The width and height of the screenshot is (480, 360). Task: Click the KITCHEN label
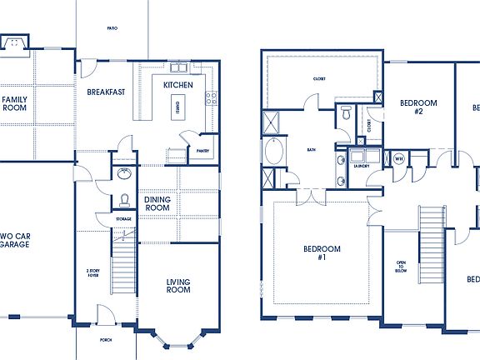click(177, 85)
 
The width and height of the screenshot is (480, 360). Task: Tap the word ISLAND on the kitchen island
click(176, 107)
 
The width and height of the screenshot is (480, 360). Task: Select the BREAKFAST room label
click(106, 92)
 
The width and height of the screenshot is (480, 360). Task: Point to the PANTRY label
click(202, 151)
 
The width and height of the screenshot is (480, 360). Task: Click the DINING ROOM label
click(157, 205)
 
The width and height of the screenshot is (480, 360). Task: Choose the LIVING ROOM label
click(178, 286)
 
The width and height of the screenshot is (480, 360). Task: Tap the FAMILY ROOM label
click(14, 104)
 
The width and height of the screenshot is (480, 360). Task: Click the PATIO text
click(112, 28)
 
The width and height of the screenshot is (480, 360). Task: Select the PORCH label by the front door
click(106, 340)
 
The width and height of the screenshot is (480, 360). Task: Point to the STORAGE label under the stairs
click(122, 219)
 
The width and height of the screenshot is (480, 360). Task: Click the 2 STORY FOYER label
click(93, 274)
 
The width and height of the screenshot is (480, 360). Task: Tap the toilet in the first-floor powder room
click(123, 200)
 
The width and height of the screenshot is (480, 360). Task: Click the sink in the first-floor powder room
click(124, 175)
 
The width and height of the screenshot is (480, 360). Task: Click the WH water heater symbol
click(398, 158)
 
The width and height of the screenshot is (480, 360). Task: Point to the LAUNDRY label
click(361, 166)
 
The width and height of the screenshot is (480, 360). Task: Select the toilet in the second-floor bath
click(346, 117)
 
